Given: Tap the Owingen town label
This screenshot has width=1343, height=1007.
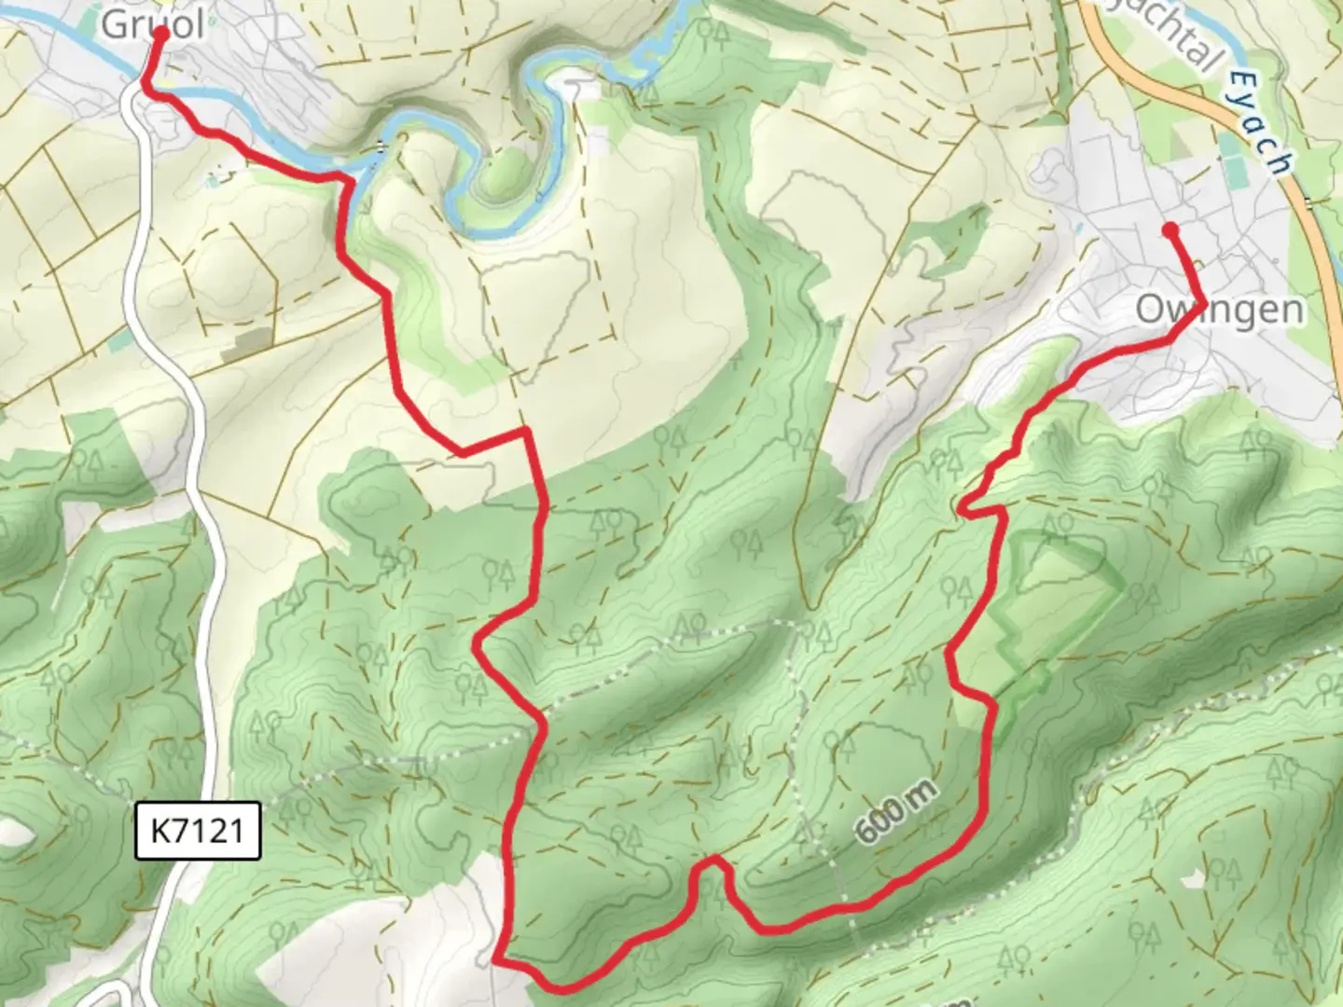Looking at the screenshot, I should coord(1219,310).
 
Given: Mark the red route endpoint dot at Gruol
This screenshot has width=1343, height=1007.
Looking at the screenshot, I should coord(160,33).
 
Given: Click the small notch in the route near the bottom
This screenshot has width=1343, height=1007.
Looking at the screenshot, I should coord(711,862).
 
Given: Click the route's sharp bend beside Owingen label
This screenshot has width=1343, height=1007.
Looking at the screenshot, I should coord(1202,305).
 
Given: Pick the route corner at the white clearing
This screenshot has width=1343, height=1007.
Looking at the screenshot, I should coord(497,957).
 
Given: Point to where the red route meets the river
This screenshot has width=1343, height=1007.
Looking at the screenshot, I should coord(349,177).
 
